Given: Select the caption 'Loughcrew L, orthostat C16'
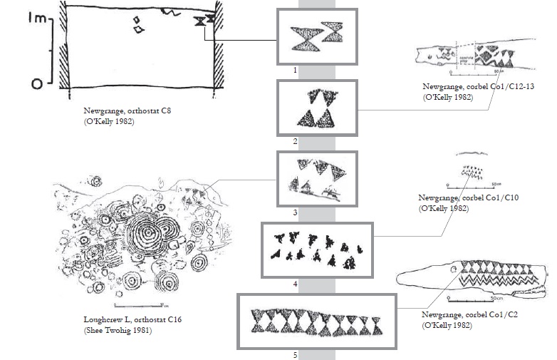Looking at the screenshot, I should tap(121, 320).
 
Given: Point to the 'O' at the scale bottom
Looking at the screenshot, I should tap(36, 85).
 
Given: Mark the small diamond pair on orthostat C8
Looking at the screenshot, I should tap(139, 26).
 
